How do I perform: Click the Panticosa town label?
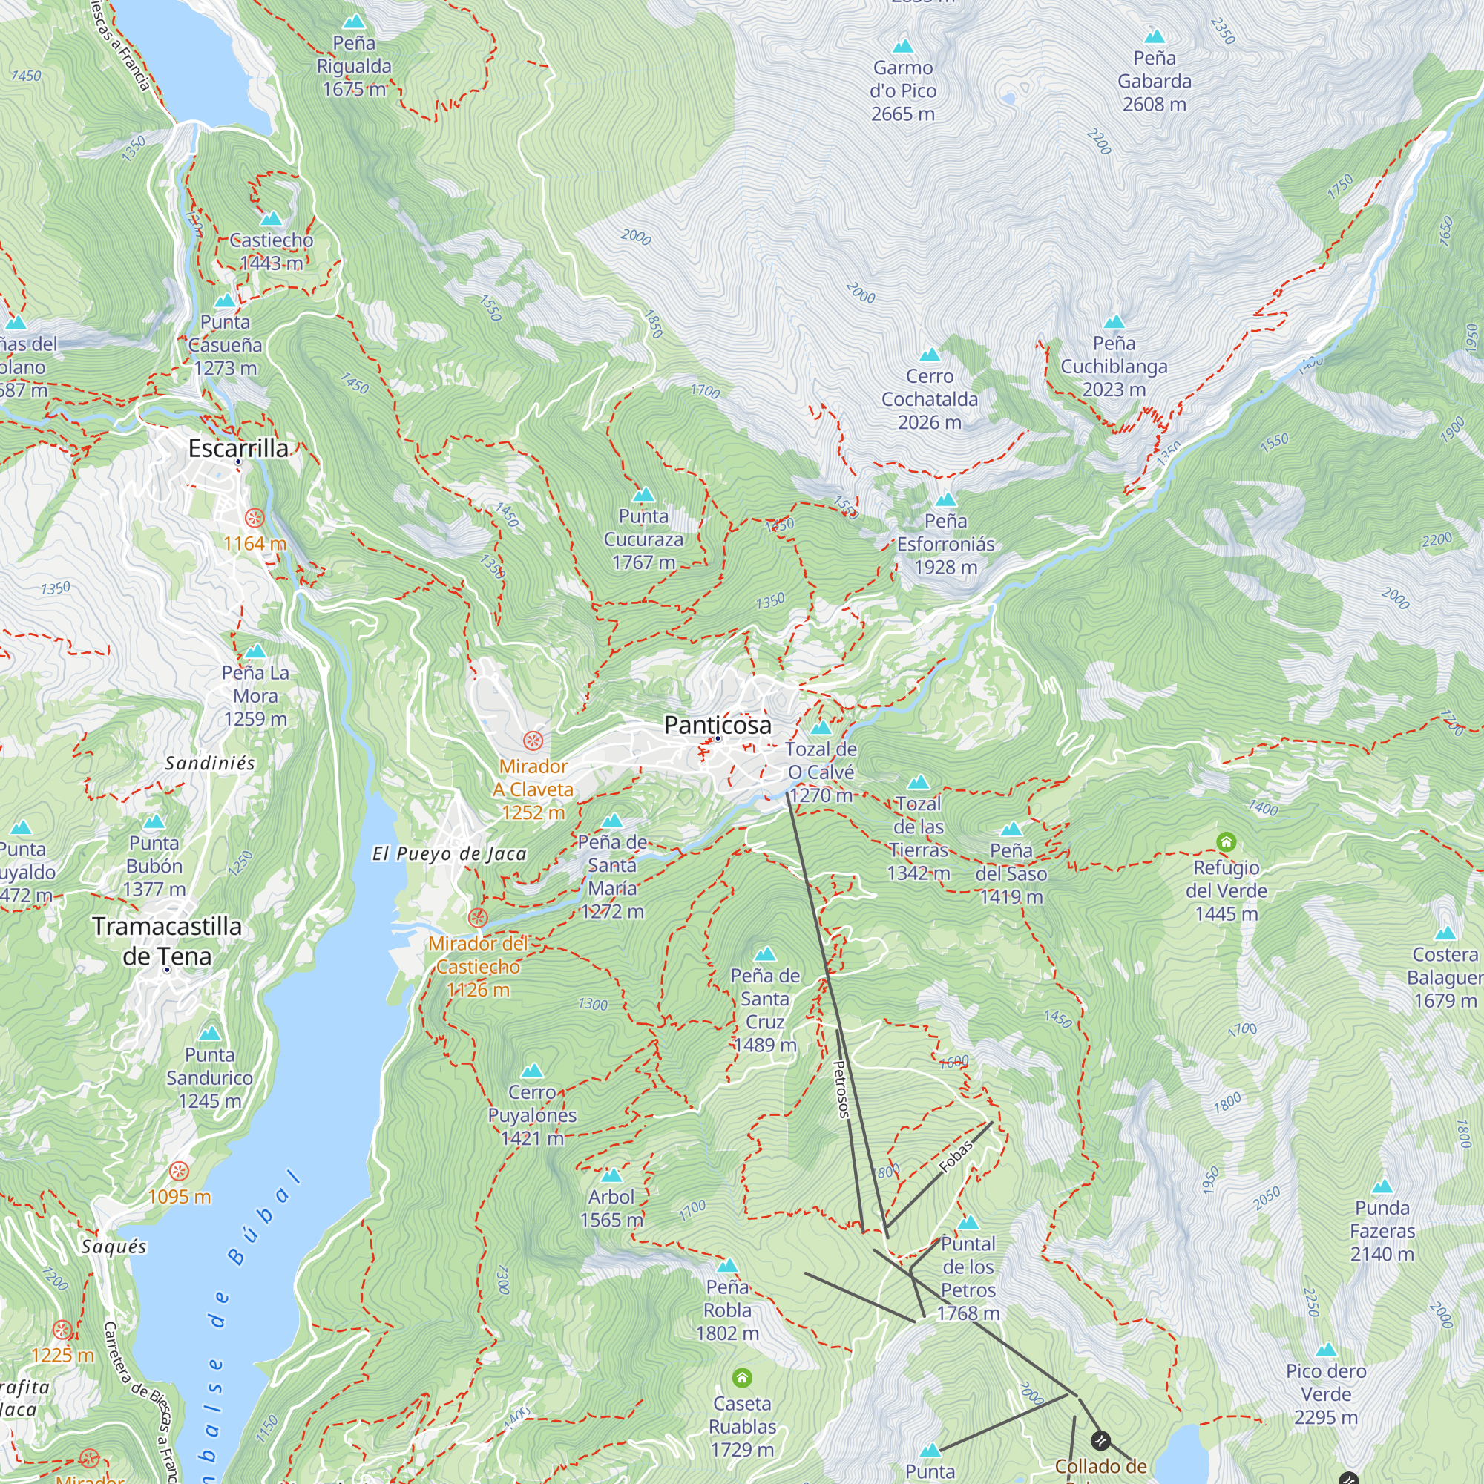(718, 724)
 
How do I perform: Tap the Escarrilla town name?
(238, 448)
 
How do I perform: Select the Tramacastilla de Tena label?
(167, 941)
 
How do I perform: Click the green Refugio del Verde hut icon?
(1226, 842)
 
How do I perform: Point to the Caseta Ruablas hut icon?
(742, 1377)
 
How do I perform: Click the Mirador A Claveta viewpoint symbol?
(533, 741)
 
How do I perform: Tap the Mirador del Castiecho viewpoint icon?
(478, 917)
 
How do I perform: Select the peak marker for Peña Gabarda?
(1154, 36)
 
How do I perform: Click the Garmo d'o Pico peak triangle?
(902, 46)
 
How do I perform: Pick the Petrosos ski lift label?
(841, 1089)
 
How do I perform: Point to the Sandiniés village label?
(210, 763)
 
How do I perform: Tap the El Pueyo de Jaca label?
(450, 853)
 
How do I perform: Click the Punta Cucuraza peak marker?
(643, 494)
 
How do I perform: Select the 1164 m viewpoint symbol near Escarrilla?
(255, 517)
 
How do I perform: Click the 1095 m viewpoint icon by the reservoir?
(179, 1171)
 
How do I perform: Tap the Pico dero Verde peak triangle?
(1326, 1350)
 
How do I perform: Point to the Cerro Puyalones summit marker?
(531, 1071)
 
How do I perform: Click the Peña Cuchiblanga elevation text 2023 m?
(1113, 390)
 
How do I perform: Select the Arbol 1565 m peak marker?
(611, 1175)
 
